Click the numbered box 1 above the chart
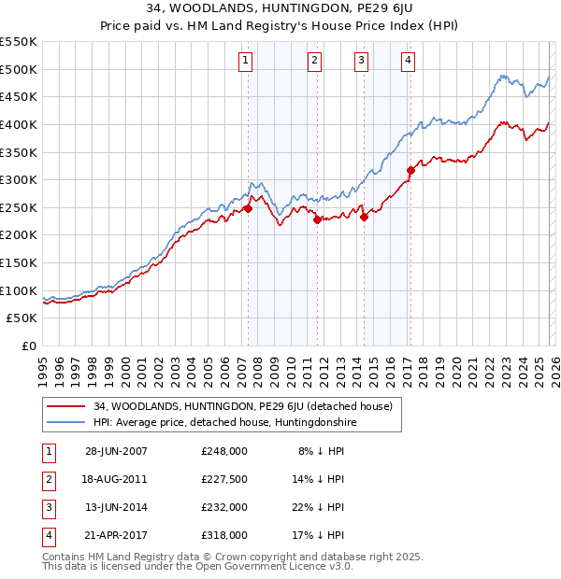point(245,62)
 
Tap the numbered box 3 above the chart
point(361,62)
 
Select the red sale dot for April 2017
point(410,170)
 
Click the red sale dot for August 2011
point(317,220)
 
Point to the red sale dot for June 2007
point(249,209)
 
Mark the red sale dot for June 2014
point(364,218)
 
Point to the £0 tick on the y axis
point(30,346)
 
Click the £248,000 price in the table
point(224,450)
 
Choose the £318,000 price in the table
point(224,536)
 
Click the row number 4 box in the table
point(46,536)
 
